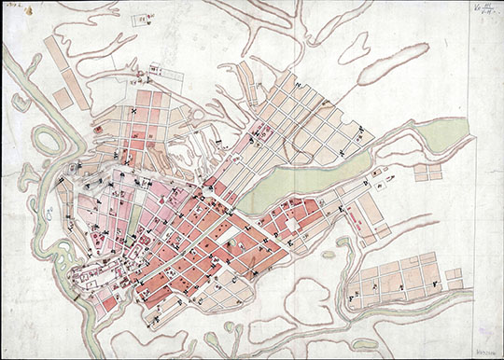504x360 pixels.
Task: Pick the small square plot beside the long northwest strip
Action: (x=63, y=97)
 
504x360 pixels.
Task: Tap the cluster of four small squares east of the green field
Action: (x=427, y=172)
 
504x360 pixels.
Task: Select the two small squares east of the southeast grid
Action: (x=454, y=277)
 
